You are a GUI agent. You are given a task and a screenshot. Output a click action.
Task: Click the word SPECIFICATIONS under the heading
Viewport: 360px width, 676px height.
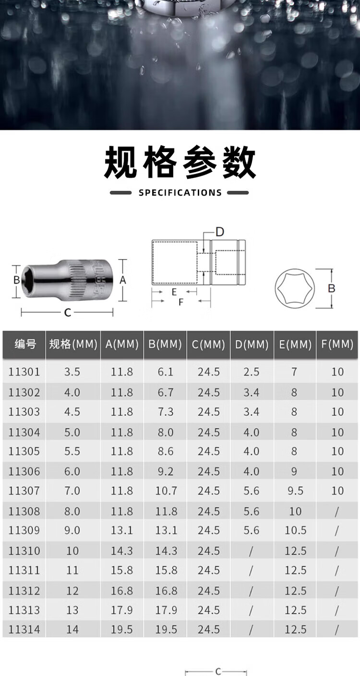[x=180, y=192]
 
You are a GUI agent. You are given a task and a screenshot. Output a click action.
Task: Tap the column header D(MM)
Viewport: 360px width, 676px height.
[x=252, y=344]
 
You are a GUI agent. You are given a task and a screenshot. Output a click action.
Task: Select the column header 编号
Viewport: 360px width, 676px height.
[x=25, y=344]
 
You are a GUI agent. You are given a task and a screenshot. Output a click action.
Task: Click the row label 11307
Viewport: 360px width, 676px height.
[x=24, y=491]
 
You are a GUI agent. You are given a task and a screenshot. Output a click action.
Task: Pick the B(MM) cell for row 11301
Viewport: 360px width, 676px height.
[x=166, y=372]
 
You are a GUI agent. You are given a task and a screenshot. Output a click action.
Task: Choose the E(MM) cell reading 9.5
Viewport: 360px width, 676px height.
[x=295, y=491]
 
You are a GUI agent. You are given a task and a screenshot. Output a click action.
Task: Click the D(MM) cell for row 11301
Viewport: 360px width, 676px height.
[x=252, y=372]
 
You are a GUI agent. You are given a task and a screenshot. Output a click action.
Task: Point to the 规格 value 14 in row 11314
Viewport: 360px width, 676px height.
[x=72, y=629]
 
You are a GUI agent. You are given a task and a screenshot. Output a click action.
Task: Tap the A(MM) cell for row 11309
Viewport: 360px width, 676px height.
[x=122, y=531]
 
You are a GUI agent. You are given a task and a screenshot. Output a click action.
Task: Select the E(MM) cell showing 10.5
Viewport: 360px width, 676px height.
[x=296, y=531]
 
